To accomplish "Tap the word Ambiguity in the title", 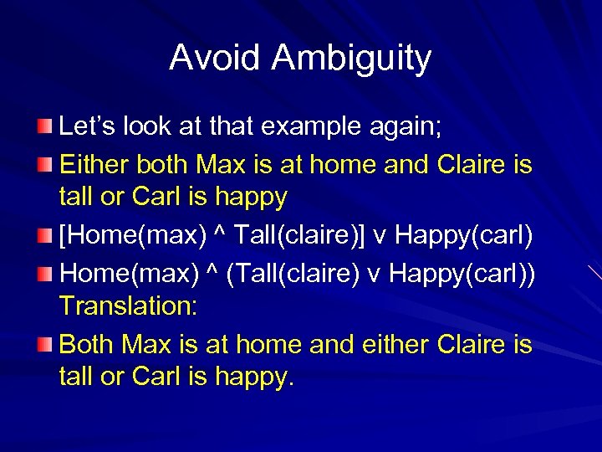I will (x=351, y=58).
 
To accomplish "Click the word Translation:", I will (x=128, y=306).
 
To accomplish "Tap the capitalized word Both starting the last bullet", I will (x=88, y=343).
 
